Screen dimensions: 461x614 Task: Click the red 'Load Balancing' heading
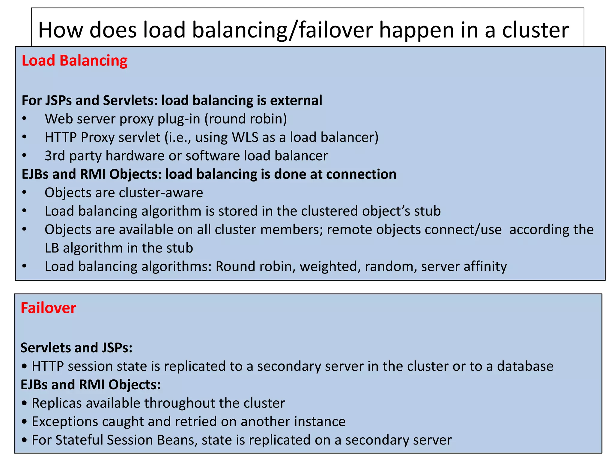click(x=75, y=61)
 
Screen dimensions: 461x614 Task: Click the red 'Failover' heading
click(x=48, y=308)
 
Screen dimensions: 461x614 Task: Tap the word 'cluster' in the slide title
click(x=535, y=30)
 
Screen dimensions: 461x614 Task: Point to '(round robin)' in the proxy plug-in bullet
click(x=246, y=119)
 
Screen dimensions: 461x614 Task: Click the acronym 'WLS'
click(x=245, y=137)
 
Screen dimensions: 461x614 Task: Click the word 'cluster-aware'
click(x=161, y=193)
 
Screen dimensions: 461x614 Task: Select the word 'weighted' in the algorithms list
click(x=330, y=267)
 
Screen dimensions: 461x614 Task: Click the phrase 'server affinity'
click(x=464, y=267)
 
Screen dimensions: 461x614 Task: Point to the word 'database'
click(x=525, y=366)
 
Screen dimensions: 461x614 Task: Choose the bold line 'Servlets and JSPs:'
click(x=76, y=348)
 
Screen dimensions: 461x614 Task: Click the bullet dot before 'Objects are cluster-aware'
click(x=24, y=192)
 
